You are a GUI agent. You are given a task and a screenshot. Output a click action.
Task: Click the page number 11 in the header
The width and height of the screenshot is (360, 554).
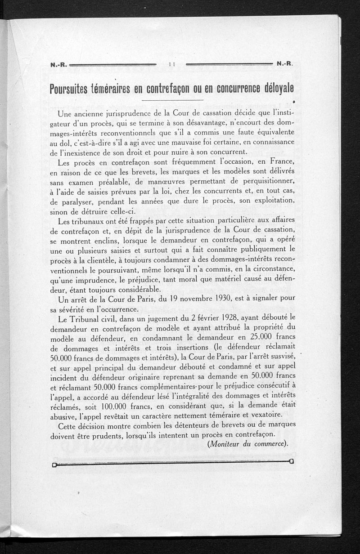171,64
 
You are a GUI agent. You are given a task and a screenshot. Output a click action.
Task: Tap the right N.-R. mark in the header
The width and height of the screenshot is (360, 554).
285,63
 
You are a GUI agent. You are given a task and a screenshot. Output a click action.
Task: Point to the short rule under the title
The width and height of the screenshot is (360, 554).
172,99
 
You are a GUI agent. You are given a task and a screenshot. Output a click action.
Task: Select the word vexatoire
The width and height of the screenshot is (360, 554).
265,414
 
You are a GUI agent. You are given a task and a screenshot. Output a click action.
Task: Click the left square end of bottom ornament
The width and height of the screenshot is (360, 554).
54,465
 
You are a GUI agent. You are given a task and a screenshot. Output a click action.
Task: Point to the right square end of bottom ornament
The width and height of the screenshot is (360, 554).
292,462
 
